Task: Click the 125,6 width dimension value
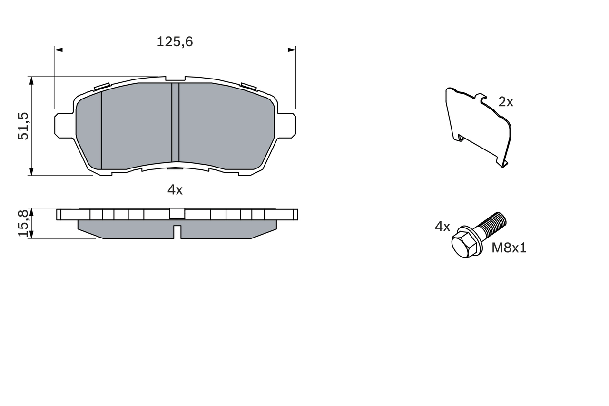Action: point(175,42)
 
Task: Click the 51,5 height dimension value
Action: point(23,126)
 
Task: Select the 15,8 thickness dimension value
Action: point(23,223)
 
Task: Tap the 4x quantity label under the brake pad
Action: point(175,190)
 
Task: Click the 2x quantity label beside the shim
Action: point(506,101)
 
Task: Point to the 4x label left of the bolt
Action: point(442,227)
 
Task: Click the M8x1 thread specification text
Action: point(509,248)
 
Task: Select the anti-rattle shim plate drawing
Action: point(478,126)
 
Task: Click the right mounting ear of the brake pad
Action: point(286,125)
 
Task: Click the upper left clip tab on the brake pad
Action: point(102,87)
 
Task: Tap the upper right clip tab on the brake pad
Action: point(248,86)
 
